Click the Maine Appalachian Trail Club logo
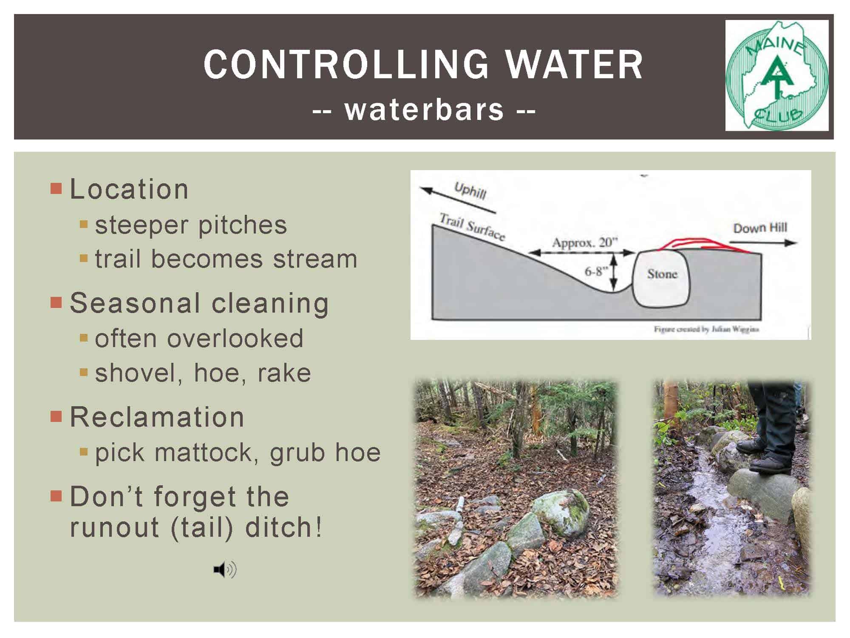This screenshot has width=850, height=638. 777,75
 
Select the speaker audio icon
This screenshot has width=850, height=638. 225,569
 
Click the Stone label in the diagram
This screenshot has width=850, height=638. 662,273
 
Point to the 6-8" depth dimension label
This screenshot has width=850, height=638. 596,271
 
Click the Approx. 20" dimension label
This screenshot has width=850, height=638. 584,242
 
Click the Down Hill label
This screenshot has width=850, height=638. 760,228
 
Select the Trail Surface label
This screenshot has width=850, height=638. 472,227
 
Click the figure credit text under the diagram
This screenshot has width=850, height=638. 706,329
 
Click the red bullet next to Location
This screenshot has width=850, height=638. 56,188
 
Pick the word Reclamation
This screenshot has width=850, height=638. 157,417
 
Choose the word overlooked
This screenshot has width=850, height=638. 235,339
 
